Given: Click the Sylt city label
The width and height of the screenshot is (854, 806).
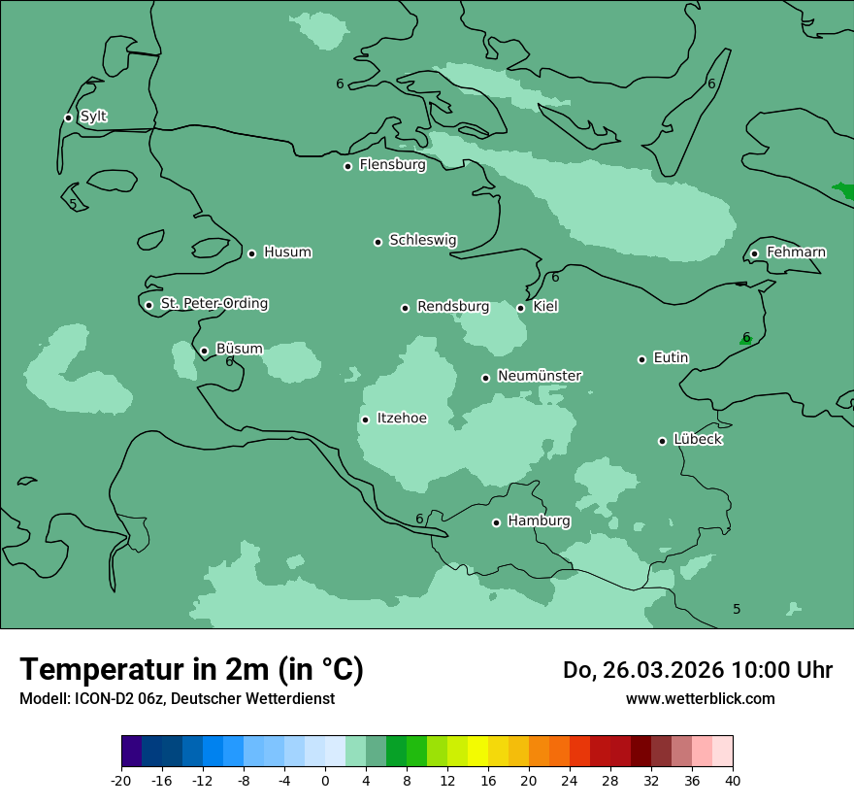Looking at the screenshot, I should tap(93, 117).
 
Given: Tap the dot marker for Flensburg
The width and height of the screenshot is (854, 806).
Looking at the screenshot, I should tap(347, 166).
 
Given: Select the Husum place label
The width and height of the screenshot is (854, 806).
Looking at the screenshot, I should tap(287, 252).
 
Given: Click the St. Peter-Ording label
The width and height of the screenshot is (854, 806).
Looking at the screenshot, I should tap(213, 304).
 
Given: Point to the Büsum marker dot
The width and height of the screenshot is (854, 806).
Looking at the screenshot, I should tap(204, 352).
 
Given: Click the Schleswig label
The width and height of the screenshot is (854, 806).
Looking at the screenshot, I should tap(422, 240).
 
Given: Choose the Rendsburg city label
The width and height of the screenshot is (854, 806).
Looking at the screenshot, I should tap(453, 307).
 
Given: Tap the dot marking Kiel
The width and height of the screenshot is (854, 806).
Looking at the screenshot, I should tap(520, 308).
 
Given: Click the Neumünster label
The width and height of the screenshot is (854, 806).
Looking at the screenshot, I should tap(540, 376).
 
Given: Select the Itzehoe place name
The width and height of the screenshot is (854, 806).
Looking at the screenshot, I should tap(402, 419).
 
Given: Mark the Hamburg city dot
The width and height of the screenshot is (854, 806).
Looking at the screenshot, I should tap(496, 522).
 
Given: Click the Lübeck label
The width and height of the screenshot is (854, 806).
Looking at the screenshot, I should tap(698, 440).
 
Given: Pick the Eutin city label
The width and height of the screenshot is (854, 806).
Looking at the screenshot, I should tap(671, 358).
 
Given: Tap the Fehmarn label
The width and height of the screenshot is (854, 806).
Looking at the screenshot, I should tap(796, 252).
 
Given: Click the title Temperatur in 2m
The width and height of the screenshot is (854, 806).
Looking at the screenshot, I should tap(191, 669).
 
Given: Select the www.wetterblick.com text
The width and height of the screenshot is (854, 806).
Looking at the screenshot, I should tap(700, 699).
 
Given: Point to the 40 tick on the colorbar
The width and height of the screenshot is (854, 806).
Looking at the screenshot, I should tap(732, 780).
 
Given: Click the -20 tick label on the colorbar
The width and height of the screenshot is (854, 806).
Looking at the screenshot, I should tap(121, 780).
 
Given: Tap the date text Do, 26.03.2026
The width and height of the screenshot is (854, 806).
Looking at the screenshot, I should tap(644, 670).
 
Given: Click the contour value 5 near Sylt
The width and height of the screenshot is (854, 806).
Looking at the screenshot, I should tap(73, 204).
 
